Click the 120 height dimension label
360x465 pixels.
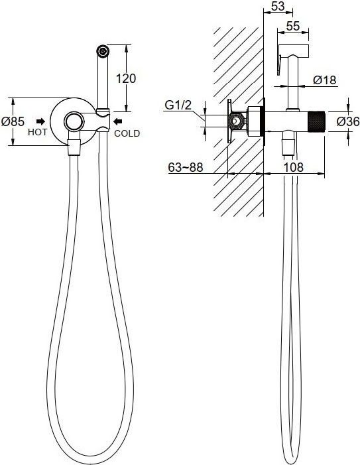(x=126, y=78)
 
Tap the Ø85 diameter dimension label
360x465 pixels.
(x=13, y=121)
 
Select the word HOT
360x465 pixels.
(x=37, y=132)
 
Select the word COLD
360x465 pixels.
(x=127, y=133)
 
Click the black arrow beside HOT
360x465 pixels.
(x=41, y=121)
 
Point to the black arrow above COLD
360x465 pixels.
(x=118, y=121)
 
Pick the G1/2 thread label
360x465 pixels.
(x=178, y=105)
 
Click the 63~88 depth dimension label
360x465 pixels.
(x=186, y=167)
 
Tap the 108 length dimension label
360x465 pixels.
(x=294, y=167)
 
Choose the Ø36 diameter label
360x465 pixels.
(x=348, y=121)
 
